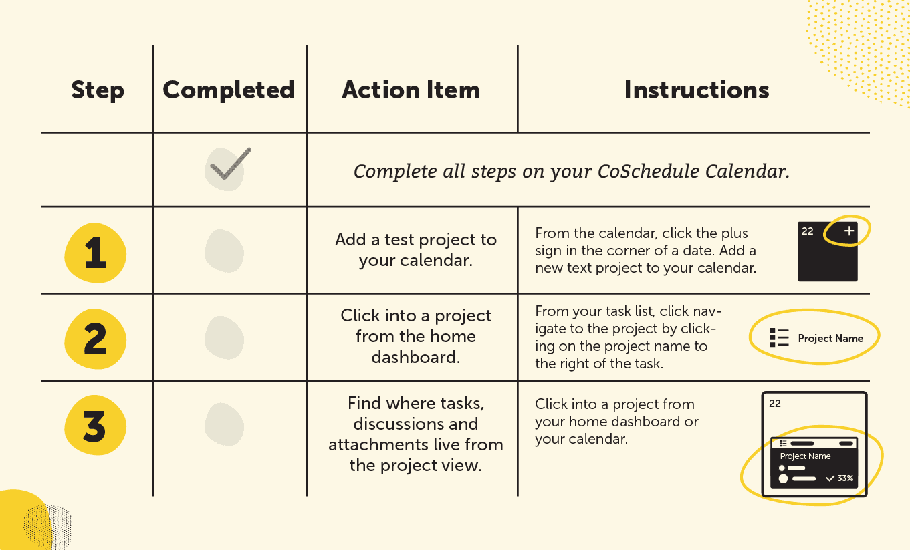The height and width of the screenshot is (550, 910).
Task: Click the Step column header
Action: pyautogui.click(x=98, y=90)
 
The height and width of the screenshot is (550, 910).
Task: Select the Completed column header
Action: pyautogui.click(x=229, y=90)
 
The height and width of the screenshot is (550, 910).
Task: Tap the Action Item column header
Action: pyautogui.click(x=411, y=90)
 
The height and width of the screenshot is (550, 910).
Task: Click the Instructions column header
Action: pyautogui.click(x=697, y=90)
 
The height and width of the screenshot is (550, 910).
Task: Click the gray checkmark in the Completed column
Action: pyautogui.click(x=228, y=167)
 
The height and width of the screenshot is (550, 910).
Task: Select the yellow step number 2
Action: pyautogui.click(x=95, y=339)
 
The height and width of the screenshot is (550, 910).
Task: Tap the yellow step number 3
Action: pyautogui.click(x=95, y=426)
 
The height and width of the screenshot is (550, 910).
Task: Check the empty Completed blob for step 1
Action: pyautogui.click(x=224, y=251)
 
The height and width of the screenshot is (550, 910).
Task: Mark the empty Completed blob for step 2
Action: pyautogui.click(x=224, y=337)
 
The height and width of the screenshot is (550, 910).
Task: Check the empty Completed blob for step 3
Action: pyautogui.click(x=224, y=424)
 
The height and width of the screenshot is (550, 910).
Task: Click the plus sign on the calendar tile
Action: pyautogui.click(x=849, y=231)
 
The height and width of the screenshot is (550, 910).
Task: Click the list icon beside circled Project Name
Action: pyautogui.click(x=779, y=338)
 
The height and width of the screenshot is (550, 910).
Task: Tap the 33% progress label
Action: pyautogui.click(x=845, y=478)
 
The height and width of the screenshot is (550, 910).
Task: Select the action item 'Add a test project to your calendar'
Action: pyautogui.click(x=415, y=250)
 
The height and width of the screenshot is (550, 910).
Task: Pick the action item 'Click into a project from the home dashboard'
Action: pyautogui.click(x=415, y=336)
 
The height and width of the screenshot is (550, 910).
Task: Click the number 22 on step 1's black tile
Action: pyautogui.click(x=808, y=231)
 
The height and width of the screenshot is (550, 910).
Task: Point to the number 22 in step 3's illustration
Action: pyautogui.click(x=775, y=404)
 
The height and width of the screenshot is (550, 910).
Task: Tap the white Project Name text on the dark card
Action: pyautogui.click(x=805, y=456)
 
